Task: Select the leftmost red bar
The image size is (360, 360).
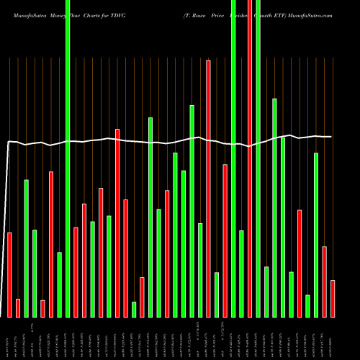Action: pyautogui.click(x=9, y=274)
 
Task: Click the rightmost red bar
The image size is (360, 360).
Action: pyautogui.click(x=333, y=299)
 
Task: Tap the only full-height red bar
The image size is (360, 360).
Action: pyautogui.click(x=250, y=158)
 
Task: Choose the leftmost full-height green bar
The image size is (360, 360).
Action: pyautogui.click(x=68, y=158)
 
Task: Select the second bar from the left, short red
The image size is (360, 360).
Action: pyautogui.click(x=18, y=308)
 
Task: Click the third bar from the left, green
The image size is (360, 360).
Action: pyautogui.click(x=27, y=248)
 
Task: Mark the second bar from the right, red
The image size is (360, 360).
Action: pyautogui.click(x=324, y=282)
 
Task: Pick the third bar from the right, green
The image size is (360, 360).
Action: pyautogui.click(x=316, y=235)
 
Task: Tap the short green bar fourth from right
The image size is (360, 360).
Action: pyautogui.click(x=307, y=306)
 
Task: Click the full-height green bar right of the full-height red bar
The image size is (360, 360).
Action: pyautogui.click(x=258, y=158)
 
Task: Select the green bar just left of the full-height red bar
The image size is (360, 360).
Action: pyautogui.click(x=241, y=274)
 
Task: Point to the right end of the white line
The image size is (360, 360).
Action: pyautogui.click(x=331, y=137)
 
